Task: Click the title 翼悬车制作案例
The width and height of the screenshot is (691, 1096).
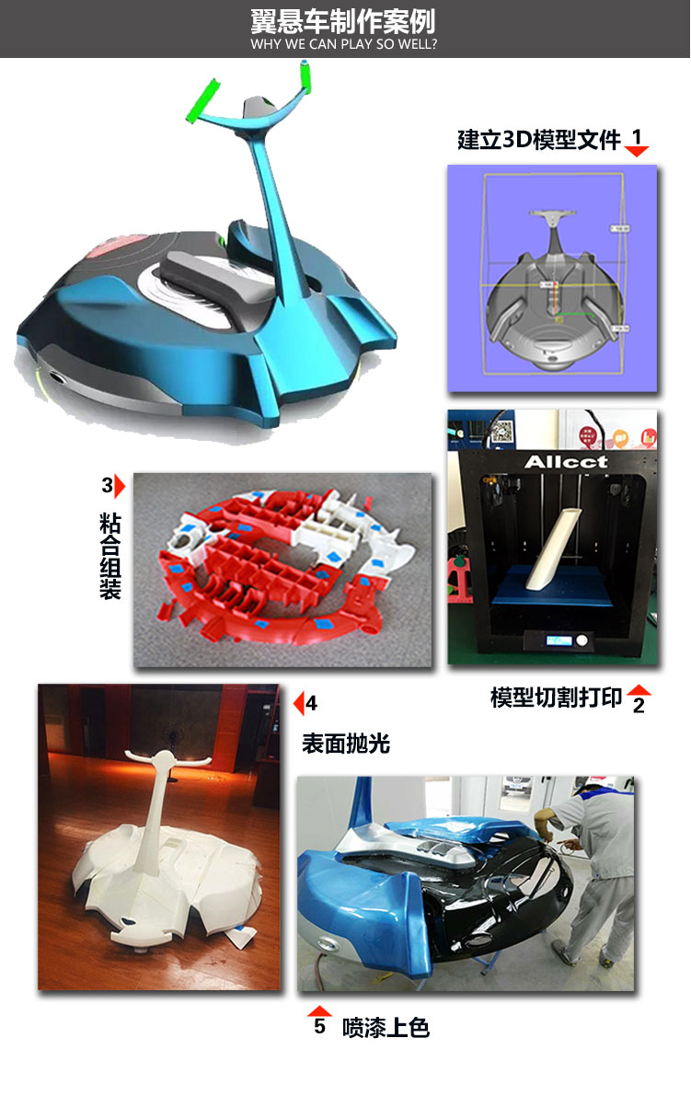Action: tap(344, 20)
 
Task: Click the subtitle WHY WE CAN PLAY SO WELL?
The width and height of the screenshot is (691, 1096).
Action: tap(344, 44)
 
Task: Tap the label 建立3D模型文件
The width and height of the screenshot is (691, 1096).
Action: tap(539, 140)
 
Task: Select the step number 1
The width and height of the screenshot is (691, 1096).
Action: tap(637, 135)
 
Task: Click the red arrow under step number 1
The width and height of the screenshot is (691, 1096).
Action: tap(637, 151)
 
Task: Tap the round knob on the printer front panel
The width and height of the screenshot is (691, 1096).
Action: tap(582, 640)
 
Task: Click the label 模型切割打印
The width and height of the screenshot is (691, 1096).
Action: tap(556, 698)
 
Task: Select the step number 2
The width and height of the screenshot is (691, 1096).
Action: tap(639, 706)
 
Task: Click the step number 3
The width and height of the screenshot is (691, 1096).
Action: tap(107, 485)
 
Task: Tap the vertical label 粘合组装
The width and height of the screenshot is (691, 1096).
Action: tap(110, 556)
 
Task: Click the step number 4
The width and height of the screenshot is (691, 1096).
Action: tap(312, 704)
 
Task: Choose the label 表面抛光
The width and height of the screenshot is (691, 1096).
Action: tap(346, 744)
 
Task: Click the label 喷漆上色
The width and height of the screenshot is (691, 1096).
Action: tap(386, 1027)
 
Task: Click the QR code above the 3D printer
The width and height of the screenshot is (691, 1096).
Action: tap(502, 429)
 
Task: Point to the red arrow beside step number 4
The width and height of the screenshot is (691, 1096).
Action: tap(297, 704)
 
